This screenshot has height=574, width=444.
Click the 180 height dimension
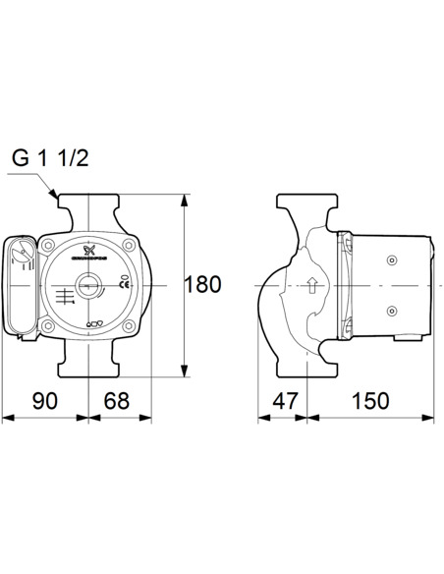203,286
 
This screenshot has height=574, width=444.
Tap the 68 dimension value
118,400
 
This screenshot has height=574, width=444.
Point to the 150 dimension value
370,400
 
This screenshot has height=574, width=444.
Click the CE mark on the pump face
124,285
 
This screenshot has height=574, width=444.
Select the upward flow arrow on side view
311,287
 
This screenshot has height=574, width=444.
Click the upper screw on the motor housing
390,261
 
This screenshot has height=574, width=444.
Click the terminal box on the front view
21,285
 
